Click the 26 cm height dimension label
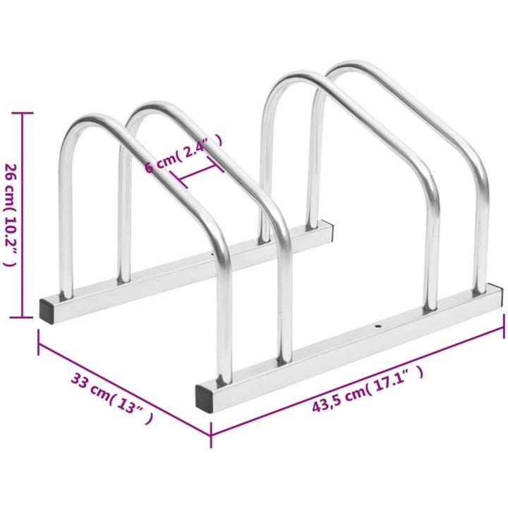[x=11, y=214]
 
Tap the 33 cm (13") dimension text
[x=111, y=398]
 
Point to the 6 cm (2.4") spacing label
[x=183, y=154]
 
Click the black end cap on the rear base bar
[x=47, y=311]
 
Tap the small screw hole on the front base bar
[x=377, y=325]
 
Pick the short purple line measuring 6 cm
[x=197, y=173]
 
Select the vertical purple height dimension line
[x=22, y=215]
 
